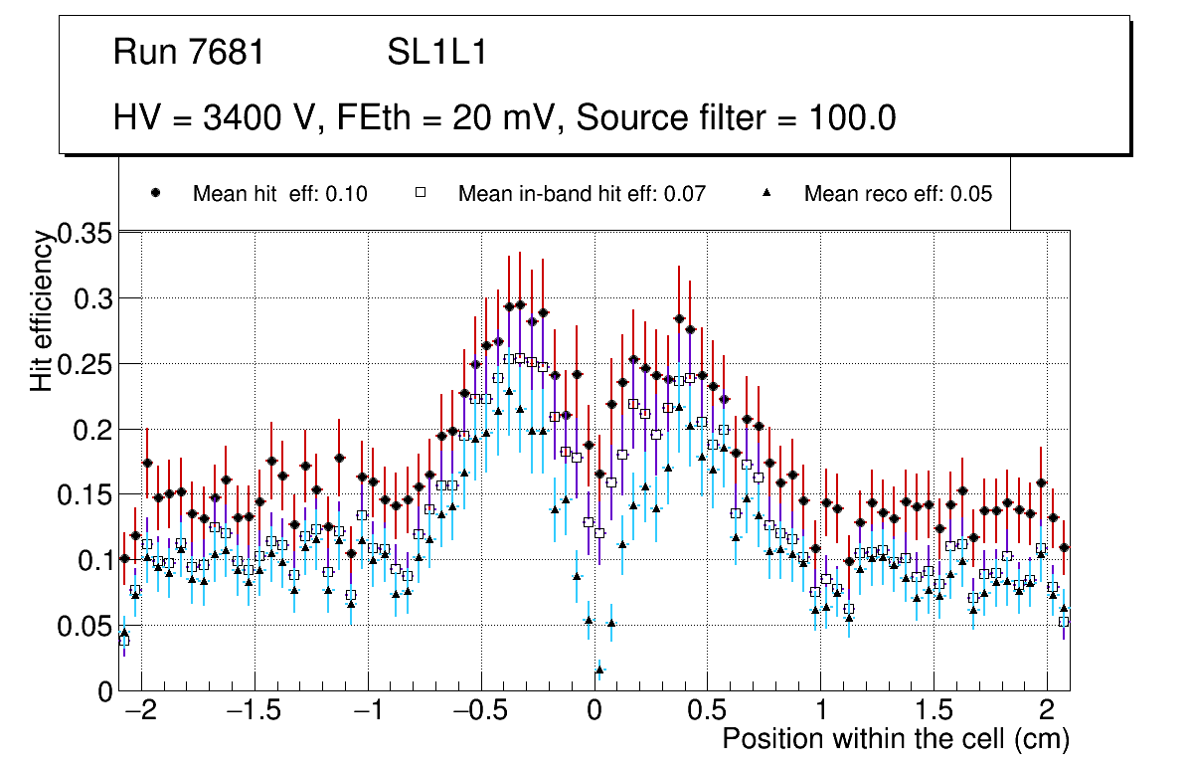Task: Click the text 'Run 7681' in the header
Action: click(189, 53)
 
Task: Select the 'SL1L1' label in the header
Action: click(436, 53)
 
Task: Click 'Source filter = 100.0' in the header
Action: click(737, 118)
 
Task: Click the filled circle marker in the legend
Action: click(156, 193)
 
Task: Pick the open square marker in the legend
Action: click(421, 193)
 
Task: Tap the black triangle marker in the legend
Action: click(767, 193)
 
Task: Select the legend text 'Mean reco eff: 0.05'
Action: click(898, 194)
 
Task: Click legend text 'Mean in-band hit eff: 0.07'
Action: click(582, 194)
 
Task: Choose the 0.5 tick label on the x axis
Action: click(707, 712)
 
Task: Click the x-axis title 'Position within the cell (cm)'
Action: click(895, 740)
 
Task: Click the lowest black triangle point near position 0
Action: click(598, 671)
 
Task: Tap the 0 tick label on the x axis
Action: click(594, 712)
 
